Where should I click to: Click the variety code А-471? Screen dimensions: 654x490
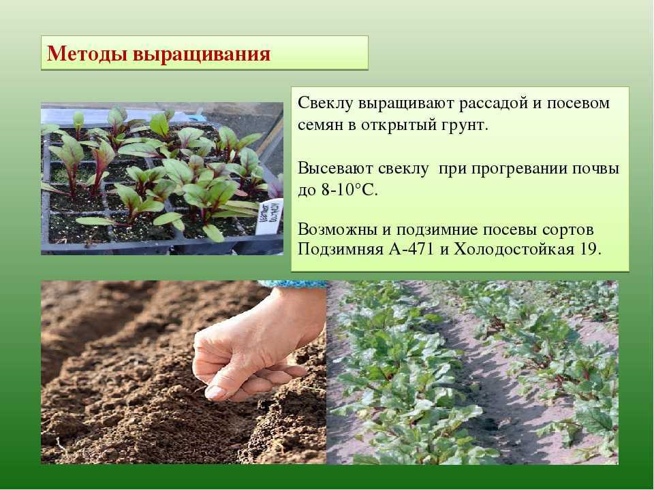click(x=411, y=249)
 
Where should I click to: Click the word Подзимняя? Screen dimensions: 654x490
click(x=341, y=250)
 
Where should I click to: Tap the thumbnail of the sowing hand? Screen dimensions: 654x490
click(x=183, y=372)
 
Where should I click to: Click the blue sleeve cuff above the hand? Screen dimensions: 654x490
click(x=292, y=284)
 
